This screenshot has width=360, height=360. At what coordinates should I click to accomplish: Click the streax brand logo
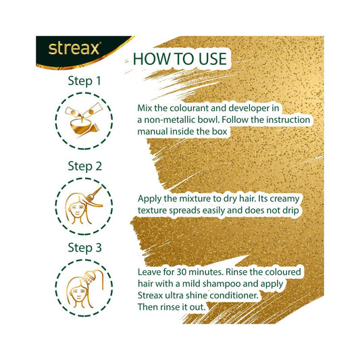pyautogui.click(x=74, y=49)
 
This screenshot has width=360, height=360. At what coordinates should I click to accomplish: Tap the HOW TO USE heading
pyautogui.click(x=180, y=59)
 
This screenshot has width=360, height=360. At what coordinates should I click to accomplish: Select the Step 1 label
pyautogui.click(x=84, y=81)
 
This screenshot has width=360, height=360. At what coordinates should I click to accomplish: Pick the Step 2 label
pyautogui.click(x=84, y=166)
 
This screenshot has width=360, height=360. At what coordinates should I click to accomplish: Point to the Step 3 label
pyautogui.click(x=84, y=248)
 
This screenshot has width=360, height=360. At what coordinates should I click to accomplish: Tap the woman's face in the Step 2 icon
pyautogui.click(x=78, y=209)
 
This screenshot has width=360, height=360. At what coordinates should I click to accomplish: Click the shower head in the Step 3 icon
pyautogui.click(x=88, y=277)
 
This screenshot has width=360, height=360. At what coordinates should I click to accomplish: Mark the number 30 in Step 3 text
pyautogui.click(x=182, y=272)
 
